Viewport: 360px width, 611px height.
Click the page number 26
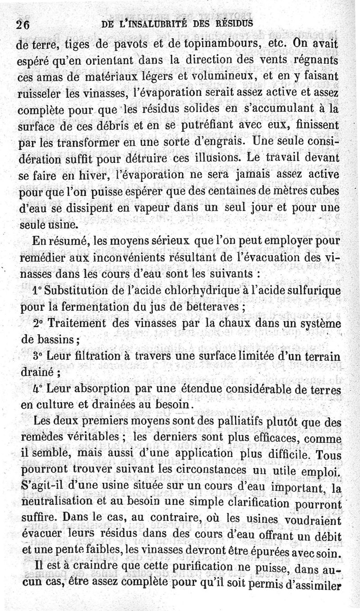click(22, 25)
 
